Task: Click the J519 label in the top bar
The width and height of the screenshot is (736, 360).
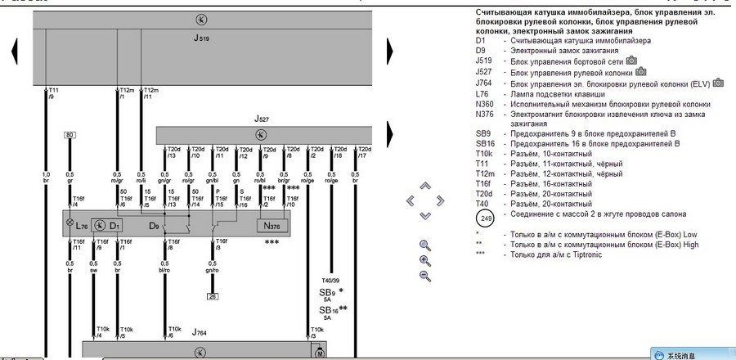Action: [x=201, y=38]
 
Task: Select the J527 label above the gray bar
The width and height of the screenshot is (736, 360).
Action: [x=260, y=119]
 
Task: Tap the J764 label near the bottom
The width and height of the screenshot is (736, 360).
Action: [x=199, y=333]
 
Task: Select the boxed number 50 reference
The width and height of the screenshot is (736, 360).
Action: [x=70, y=134]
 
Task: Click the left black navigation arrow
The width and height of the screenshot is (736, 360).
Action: [x=13, y=53]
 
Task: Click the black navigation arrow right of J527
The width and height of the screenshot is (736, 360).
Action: [x=391, y=133]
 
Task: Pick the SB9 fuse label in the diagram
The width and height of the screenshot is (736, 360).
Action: [x=327, y=292]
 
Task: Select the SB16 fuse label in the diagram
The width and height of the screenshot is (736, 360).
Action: [x=330, y=310]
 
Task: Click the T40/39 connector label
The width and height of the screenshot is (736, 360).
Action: [x=332, y=280]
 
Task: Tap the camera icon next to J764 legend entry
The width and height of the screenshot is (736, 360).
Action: [x=718, y=83]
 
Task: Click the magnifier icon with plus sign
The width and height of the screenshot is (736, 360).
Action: [x=424, y=260]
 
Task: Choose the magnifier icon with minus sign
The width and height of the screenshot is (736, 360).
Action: [x=424, y=276]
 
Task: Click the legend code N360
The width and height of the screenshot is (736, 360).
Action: [x=485, y=105]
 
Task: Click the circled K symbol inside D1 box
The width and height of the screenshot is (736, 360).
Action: [x=100, y=223]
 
